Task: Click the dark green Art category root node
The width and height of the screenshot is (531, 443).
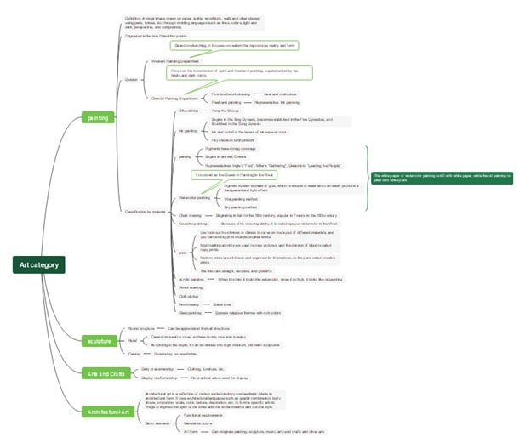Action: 39,265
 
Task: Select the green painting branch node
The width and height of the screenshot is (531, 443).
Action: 99,117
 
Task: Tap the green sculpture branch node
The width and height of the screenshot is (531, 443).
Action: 100,341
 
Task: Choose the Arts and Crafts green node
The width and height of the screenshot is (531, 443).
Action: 106,373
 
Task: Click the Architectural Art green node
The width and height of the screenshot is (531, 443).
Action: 108,412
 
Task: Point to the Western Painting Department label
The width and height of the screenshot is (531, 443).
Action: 174,62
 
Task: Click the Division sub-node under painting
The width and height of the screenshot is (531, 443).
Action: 131,79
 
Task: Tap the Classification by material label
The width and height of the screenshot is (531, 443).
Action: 145,211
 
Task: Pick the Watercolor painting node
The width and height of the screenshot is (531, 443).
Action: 194,197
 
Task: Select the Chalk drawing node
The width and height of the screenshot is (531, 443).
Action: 190,216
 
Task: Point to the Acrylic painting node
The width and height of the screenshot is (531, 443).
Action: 191,279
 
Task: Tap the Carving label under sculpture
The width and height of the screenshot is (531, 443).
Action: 134,353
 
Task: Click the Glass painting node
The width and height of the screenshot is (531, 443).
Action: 190,312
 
